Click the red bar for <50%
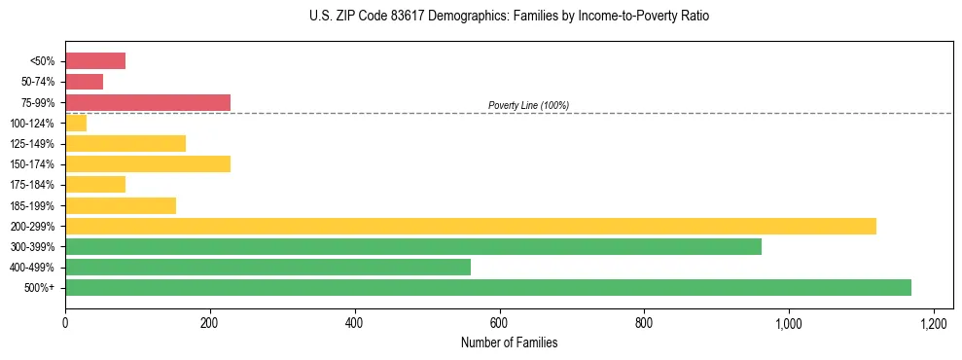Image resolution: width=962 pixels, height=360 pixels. pos(95,61)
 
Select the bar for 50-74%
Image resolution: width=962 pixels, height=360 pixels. pos(84,82)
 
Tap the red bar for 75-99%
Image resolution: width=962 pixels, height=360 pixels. pos(148,102)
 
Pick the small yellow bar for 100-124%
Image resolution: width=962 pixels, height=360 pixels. pos(76,123)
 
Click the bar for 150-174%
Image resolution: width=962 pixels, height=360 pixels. pos(148,164)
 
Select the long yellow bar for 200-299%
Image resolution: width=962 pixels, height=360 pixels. pos(471,226)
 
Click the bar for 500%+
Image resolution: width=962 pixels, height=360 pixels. pos(488,288)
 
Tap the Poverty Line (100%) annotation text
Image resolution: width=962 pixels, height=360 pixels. pos(528,105)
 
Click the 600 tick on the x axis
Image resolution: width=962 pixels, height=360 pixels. pos(499,322)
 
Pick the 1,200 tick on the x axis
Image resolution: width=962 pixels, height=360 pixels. pos(933,322)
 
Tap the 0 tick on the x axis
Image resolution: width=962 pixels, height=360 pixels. pos(65,322)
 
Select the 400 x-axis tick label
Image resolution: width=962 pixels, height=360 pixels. pos(354,322)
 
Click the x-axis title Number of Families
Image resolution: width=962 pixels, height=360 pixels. pos(509,342)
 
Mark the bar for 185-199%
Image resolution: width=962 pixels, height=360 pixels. pos(121,205)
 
